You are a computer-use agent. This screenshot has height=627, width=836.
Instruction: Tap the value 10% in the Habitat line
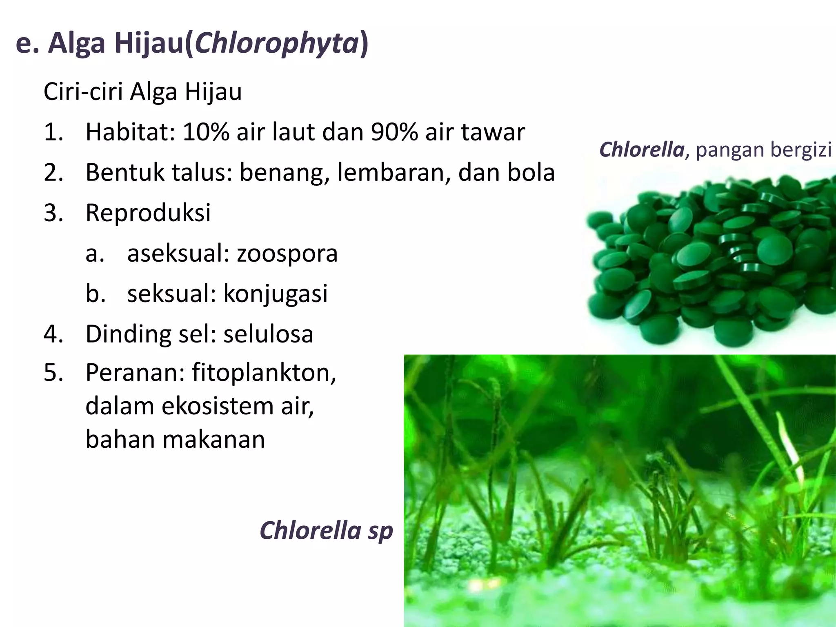[206, 132]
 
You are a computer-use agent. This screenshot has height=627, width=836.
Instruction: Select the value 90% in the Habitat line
[394, 132]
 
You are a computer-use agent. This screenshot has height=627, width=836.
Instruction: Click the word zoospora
[287, 253]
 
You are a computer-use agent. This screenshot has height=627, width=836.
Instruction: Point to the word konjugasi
[276, 294]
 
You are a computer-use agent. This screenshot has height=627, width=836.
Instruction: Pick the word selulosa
[268, 334]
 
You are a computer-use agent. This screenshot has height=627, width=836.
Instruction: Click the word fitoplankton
[264, 372]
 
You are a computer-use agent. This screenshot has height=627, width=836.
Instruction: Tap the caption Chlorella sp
[326, 531]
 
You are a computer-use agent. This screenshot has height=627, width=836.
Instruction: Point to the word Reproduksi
[148, 213]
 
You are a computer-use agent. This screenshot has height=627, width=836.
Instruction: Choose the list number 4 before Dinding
[53, 334]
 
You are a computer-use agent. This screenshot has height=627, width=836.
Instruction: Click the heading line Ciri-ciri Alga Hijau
[142, 92]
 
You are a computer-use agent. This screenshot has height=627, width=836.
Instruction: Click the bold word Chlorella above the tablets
[641, 149]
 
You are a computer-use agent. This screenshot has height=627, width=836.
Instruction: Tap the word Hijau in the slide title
[149, 43]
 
